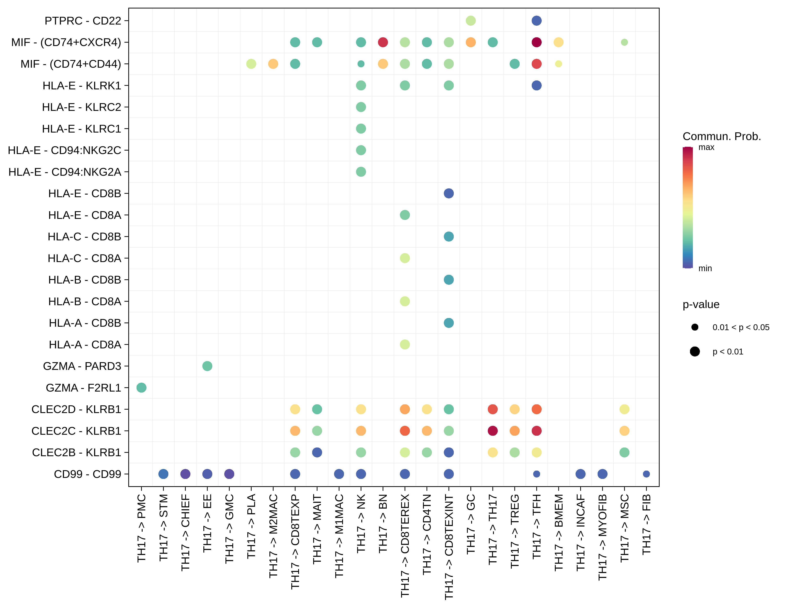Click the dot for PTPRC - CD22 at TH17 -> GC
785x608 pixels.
471,21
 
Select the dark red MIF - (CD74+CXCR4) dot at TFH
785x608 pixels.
536,42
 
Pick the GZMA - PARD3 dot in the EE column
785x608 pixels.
207,366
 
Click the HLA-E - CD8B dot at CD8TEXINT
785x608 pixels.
449,193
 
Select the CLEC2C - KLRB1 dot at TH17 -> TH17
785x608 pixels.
492,431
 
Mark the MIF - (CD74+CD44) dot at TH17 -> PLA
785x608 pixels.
251,64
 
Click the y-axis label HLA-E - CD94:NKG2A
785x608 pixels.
65,172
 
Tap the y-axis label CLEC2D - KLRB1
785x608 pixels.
76,409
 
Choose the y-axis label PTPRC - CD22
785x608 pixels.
83,21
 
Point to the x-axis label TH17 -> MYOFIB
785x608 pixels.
602,537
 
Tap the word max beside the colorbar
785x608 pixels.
706,147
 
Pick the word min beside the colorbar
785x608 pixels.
705,268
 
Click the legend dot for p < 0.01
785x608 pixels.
694,352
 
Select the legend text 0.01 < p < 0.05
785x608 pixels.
741,327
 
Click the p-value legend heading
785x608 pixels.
701,305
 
